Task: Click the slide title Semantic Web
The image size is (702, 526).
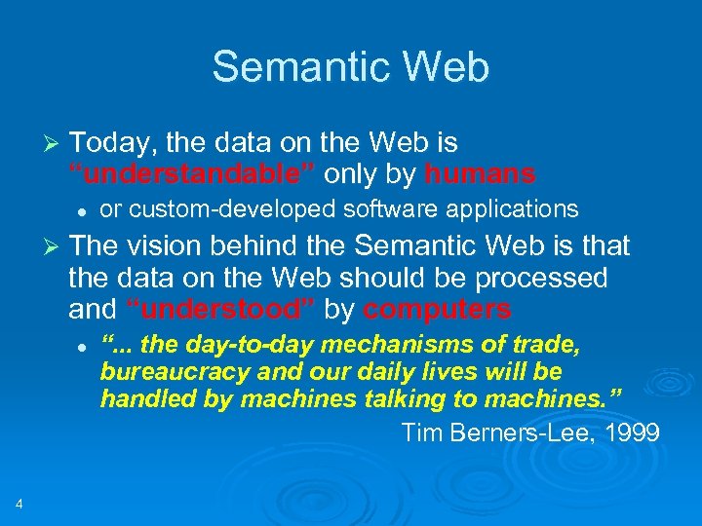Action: click(350, 67)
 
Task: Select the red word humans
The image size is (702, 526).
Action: click(480, 174)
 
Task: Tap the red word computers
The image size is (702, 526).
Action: click(437, 310)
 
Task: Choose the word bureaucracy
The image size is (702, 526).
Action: click(168, 372)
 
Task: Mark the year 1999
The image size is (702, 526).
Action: click(631, 432)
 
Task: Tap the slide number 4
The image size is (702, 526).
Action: click(19, 504)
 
